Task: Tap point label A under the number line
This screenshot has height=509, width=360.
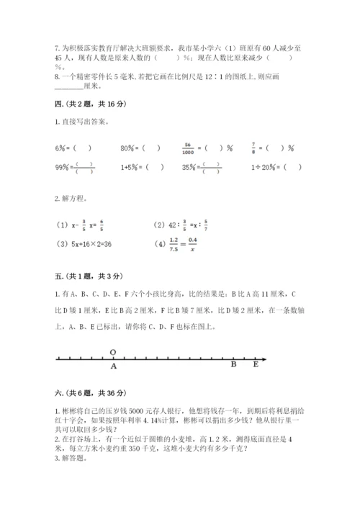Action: click(113, 365)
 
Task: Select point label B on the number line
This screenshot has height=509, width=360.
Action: click(233, 365)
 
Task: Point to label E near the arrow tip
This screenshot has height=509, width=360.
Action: click(255, 365)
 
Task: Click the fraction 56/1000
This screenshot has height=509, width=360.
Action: click(189, 148)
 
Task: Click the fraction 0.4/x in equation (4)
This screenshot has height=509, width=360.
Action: click(192, 244)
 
